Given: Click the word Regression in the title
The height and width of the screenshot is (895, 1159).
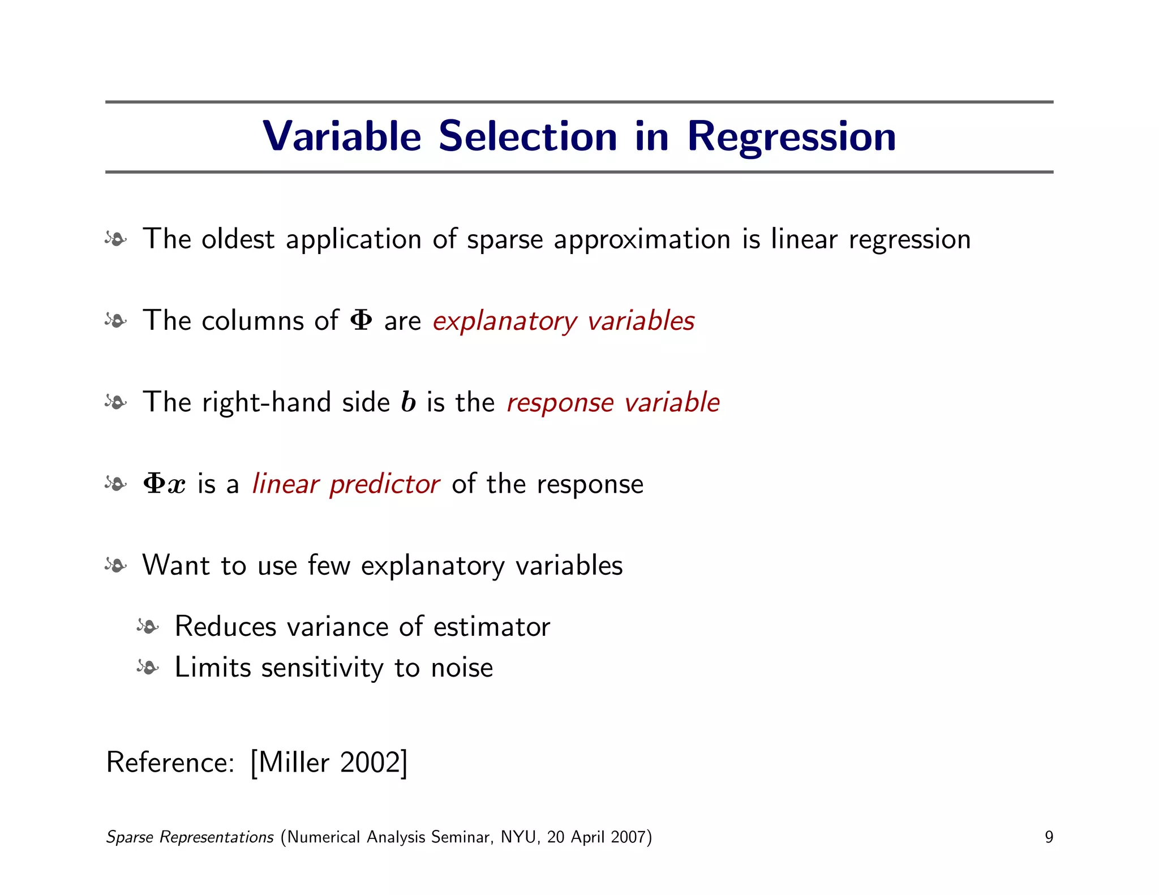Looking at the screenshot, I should point(791,137).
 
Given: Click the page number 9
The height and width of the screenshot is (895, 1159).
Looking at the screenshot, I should point(1049,837).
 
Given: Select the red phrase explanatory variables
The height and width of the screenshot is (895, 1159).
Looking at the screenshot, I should point(563,321).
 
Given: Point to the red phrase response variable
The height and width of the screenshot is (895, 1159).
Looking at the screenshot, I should point(613,402).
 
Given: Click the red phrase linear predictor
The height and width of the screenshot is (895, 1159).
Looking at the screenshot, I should point(346,484).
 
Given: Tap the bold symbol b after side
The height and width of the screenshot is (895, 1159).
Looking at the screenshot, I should point(408,402).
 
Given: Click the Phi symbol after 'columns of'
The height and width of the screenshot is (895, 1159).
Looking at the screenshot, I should point(361,320).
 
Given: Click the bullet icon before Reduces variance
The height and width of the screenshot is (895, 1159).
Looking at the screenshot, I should point(148,627).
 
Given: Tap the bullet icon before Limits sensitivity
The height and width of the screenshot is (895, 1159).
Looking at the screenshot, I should point(148,668).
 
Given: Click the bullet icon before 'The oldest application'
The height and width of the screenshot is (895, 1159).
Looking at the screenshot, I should point(116,239).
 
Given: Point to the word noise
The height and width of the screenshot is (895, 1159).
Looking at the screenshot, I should point(462,668).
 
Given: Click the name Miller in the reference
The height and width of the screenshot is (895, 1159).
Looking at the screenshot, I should point(294,763).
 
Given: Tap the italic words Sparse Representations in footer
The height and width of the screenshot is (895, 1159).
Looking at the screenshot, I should point(190,837).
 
